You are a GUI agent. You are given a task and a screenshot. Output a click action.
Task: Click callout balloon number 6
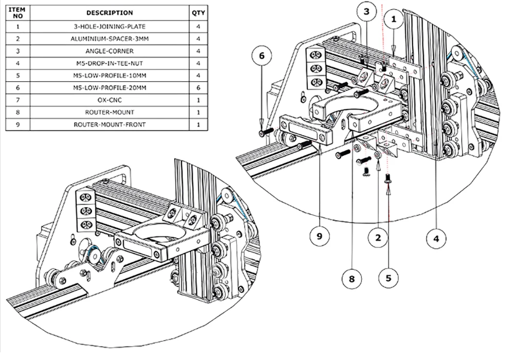262,56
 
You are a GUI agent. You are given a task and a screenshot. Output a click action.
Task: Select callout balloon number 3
366,12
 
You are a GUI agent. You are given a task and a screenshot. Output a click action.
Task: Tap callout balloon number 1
394,20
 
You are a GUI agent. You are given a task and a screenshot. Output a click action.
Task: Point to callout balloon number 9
320,236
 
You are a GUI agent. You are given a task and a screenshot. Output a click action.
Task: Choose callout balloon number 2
378,238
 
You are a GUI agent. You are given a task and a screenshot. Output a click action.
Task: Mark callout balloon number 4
436,239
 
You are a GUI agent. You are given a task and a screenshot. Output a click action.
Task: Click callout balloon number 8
352,279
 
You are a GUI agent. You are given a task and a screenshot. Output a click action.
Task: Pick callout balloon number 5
389,278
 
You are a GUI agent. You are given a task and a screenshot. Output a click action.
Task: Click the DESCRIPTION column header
109,13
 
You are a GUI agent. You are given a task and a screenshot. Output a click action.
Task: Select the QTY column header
198,13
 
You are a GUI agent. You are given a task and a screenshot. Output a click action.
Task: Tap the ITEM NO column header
17,13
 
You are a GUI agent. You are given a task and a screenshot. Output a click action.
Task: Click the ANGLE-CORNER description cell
109,51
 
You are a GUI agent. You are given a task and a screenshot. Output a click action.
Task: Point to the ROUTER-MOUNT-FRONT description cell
109,124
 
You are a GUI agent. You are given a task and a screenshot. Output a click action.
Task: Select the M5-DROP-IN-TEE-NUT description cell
109,63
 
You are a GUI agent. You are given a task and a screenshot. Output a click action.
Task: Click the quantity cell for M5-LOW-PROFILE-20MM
198,88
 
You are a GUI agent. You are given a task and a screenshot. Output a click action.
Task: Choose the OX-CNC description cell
109,100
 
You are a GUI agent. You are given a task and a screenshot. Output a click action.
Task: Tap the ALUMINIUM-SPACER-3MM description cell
109,39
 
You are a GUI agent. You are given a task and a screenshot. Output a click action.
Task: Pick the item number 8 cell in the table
17,113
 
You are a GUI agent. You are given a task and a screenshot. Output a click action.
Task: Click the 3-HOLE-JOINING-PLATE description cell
109,27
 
